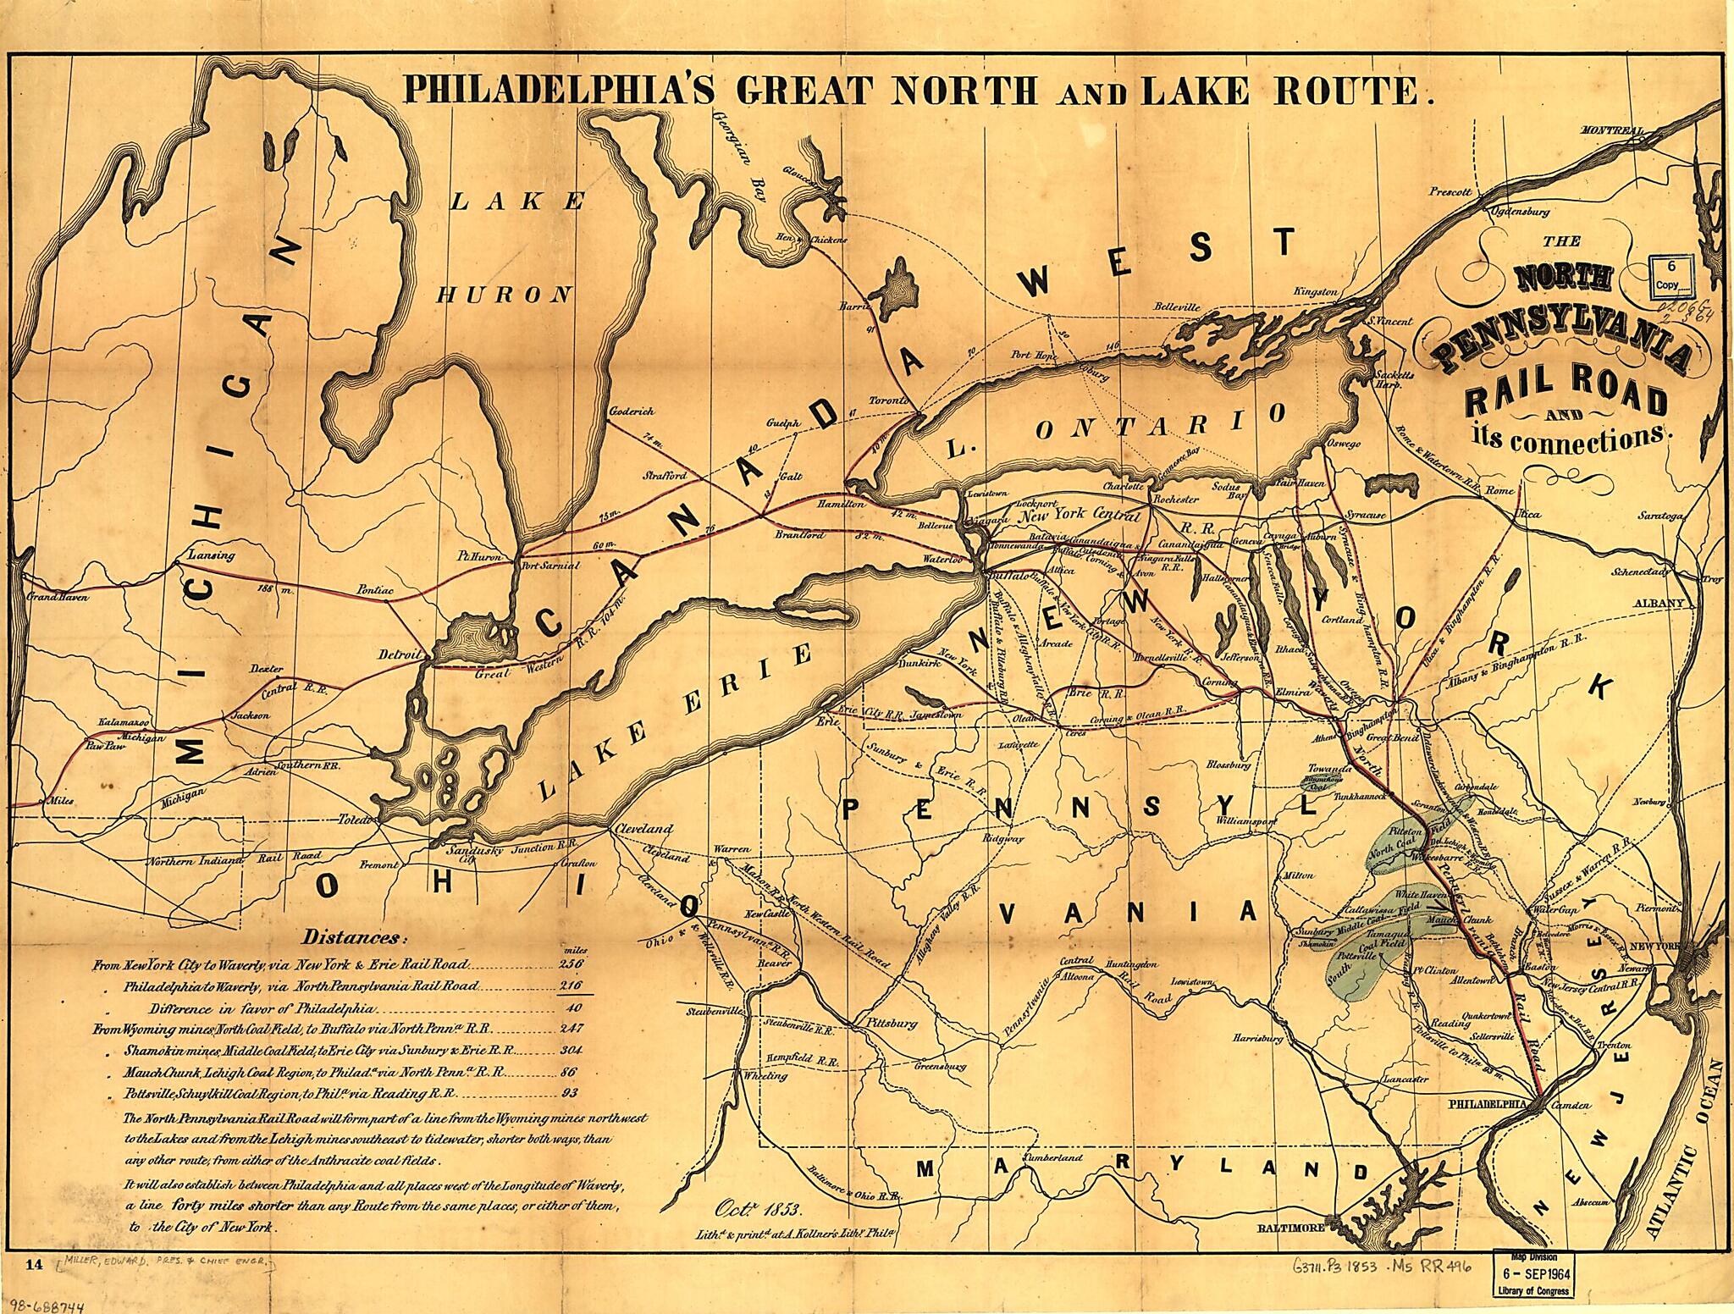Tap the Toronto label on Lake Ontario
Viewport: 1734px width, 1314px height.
pos(891,400)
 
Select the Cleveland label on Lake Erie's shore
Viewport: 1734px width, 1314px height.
pos(645,828)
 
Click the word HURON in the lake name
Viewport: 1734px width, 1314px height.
pos(503,295)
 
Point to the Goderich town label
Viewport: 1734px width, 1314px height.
pos(632,411)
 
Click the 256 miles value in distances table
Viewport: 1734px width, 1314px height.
pos(572,964)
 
